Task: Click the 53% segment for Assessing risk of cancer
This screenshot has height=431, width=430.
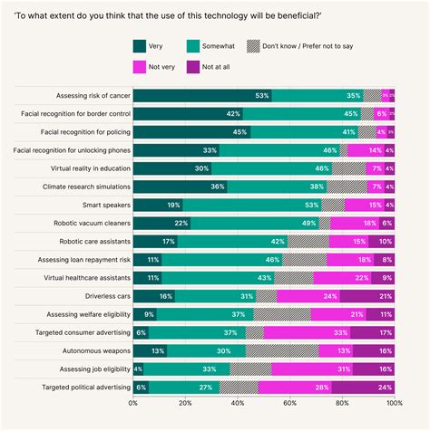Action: point(202,94)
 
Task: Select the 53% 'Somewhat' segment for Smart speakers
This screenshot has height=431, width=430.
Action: point(251,205)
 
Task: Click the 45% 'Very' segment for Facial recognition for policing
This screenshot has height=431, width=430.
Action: point(191,131)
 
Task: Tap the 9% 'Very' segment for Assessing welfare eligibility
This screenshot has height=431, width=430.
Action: point(144,314)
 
